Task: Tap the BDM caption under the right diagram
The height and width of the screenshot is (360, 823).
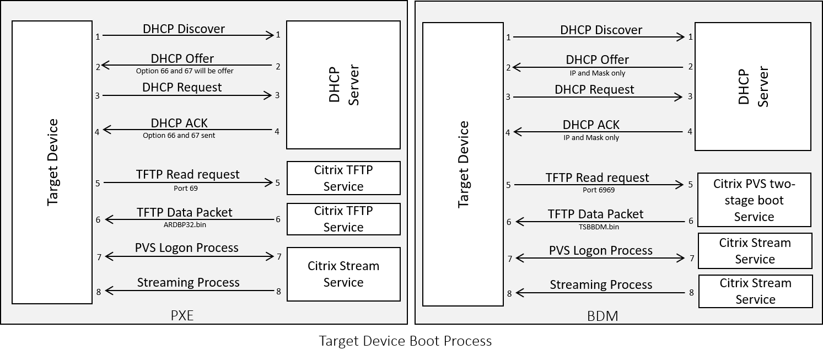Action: tap(603, 316)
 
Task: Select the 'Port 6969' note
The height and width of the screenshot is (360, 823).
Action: tap(599, 190)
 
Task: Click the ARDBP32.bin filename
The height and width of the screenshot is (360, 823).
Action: tap(185, 224)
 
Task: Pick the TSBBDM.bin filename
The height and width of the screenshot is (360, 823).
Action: tap(596, 226)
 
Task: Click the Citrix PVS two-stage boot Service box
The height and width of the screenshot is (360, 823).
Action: tap(754, 200)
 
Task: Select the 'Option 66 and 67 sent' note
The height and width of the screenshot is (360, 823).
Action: tap(179, 135)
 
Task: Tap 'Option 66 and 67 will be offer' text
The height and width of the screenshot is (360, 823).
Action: tap(185, 71)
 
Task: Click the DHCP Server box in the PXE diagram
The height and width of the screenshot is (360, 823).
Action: tap(343, 85)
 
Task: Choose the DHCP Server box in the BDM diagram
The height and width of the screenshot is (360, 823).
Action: tap(752, 87)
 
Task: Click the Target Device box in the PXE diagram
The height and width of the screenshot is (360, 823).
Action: tap(52, 162)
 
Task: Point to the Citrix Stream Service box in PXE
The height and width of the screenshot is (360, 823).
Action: tap(343, 274)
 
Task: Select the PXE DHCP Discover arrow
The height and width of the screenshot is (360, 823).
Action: tap(187, 36)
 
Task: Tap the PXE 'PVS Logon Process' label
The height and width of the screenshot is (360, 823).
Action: tap(186, 248)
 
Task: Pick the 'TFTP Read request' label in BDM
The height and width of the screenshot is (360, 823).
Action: tap(597, 178)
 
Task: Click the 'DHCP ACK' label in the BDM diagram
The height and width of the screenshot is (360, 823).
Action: tap(591, 125)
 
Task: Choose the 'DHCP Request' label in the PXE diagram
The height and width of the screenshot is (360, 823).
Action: tap(182, 87)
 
